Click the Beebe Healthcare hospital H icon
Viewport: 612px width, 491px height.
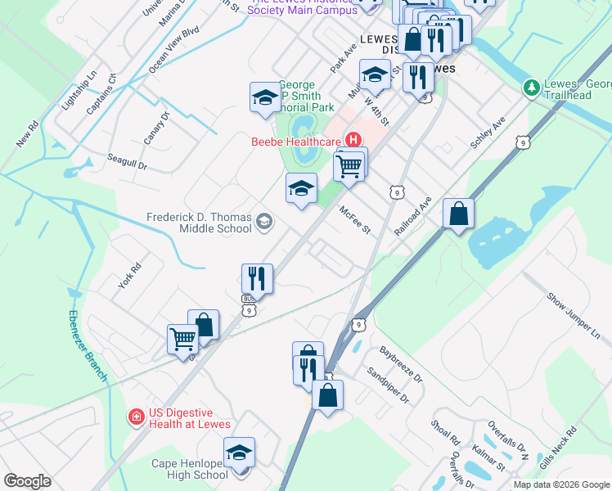(x=353, y=140)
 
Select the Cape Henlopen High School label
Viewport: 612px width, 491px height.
(x=190, y=469)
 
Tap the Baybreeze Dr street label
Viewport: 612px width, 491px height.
(x=400, y=366)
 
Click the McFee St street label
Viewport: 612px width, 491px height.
(x=356, y=219)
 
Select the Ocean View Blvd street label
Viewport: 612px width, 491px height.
(x=174, y=50)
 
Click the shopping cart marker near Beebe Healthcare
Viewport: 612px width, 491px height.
(x=349, y=165)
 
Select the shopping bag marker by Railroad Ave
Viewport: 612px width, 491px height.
(x=459, y=214)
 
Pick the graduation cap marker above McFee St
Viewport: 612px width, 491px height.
(x=301, y=189)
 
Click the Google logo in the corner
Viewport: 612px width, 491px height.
(x=28, y=481)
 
